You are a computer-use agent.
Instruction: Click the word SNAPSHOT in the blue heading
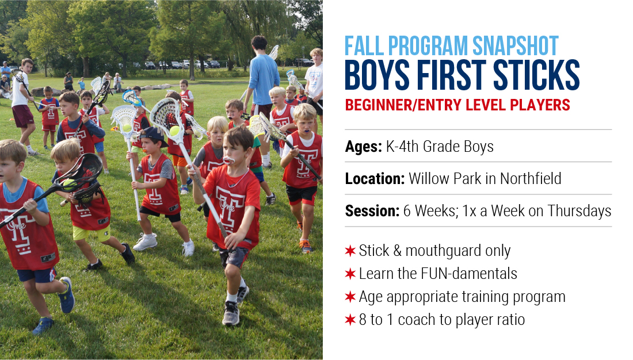(x=515, y=46)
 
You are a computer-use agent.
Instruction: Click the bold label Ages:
(x=363, y=147)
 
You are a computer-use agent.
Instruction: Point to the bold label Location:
(x=375, y=178)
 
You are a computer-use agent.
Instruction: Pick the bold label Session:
(x=372, y=210)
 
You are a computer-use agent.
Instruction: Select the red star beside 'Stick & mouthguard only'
(x=350, y=251)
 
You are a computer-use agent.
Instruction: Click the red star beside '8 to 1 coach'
(x=350, y=320)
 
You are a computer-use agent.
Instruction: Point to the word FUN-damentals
(x=468, y=274)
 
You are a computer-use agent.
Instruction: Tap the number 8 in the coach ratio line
(x=363, y=320)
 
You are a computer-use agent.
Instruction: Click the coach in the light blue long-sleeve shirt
(x=263, y=81)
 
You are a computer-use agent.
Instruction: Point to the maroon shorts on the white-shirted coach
(x=22, y=116)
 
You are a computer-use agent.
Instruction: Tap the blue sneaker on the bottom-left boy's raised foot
(x=66, y=295)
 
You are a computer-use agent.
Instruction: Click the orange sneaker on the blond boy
(x=306, y=246)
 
